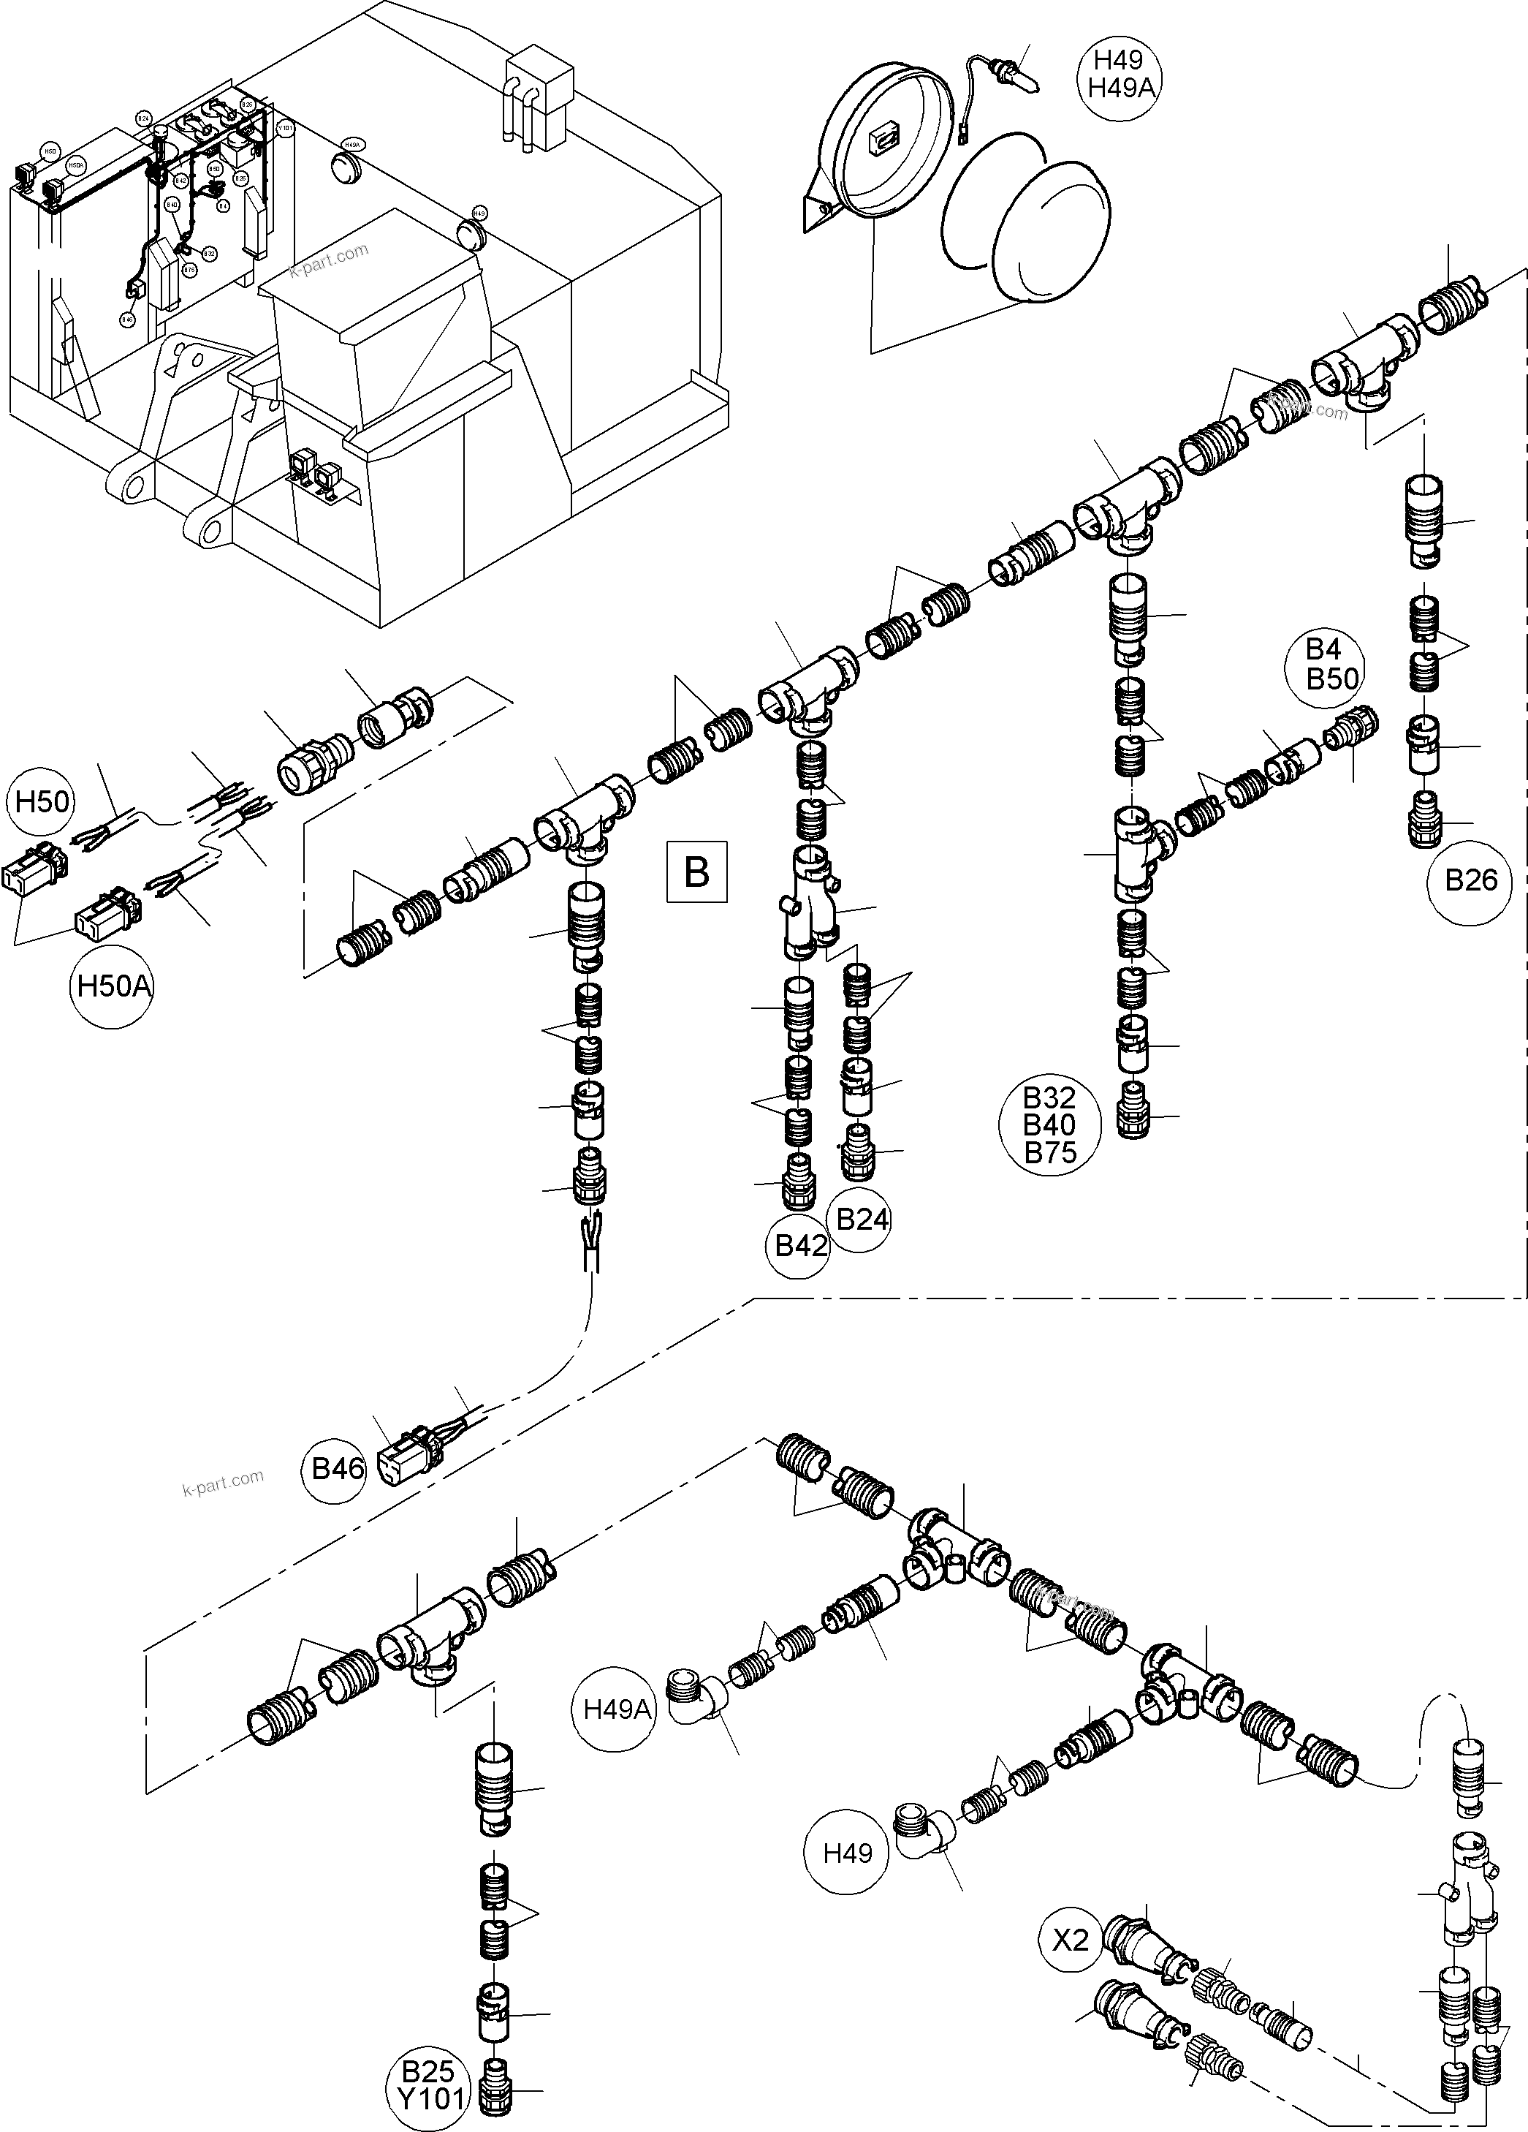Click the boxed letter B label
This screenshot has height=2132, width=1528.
pyautogui.click(x=696, y=872)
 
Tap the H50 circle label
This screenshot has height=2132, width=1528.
pyautogui.click(x=42, y=802)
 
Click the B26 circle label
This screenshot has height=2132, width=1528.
pyautogui.click(x=1470, y=881)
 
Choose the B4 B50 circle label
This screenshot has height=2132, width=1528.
pyautogui.click(x=1333, y=665)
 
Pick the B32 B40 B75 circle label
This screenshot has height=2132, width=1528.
pyautogui.click(x=1049, y=1125)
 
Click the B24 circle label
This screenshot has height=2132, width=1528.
pyautogui.click(x=862, y=1220)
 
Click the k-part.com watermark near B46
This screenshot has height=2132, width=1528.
pyautogui.click(x=223, y=1483)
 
